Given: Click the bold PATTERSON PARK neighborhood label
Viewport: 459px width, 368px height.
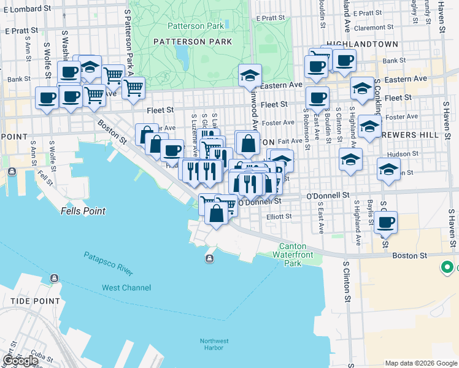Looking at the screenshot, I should [193, 42].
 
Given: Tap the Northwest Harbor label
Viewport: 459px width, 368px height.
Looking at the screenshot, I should [214, 345].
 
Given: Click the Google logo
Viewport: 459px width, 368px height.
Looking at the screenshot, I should [20, 361].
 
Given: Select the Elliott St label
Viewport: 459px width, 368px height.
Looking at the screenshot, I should [278, 216].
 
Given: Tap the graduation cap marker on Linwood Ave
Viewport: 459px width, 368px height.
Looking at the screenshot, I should [250, 76].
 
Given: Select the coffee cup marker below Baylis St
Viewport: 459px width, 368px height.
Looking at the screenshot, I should [385, 223].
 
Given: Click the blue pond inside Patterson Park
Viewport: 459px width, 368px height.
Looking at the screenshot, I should [182, 57].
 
